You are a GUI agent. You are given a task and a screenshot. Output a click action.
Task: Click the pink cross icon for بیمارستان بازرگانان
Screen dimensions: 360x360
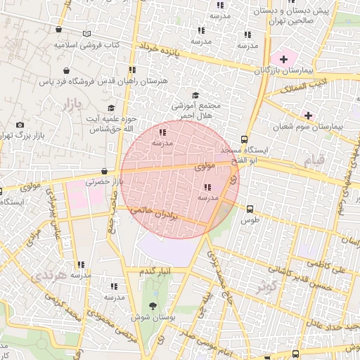284,58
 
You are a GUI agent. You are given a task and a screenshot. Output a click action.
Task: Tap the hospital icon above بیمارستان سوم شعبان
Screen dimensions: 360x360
308,115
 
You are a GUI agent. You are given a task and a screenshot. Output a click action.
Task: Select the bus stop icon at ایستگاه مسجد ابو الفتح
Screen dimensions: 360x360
244,139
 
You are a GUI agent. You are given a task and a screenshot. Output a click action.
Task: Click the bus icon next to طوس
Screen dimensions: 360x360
250,208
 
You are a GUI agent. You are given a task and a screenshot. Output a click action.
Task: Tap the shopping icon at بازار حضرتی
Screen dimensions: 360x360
104,170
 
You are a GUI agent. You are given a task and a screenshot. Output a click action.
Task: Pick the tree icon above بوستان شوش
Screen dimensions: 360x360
153,305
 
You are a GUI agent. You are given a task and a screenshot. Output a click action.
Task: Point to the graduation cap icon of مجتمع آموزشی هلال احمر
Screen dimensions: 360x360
195,96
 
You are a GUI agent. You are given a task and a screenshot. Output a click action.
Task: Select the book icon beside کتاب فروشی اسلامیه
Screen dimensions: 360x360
86,34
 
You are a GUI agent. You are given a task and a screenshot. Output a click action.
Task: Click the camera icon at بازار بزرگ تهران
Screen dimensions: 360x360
20,125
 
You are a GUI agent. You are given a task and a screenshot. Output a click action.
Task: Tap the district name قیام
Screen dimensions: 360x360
314,161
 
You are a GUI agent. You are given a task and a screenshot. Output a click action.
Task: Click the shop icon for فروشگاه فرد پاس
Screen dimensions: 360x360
66,70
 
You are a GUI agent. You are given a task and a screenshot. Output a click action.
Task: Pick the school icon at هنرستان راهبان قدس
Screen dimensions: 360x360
131,70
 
